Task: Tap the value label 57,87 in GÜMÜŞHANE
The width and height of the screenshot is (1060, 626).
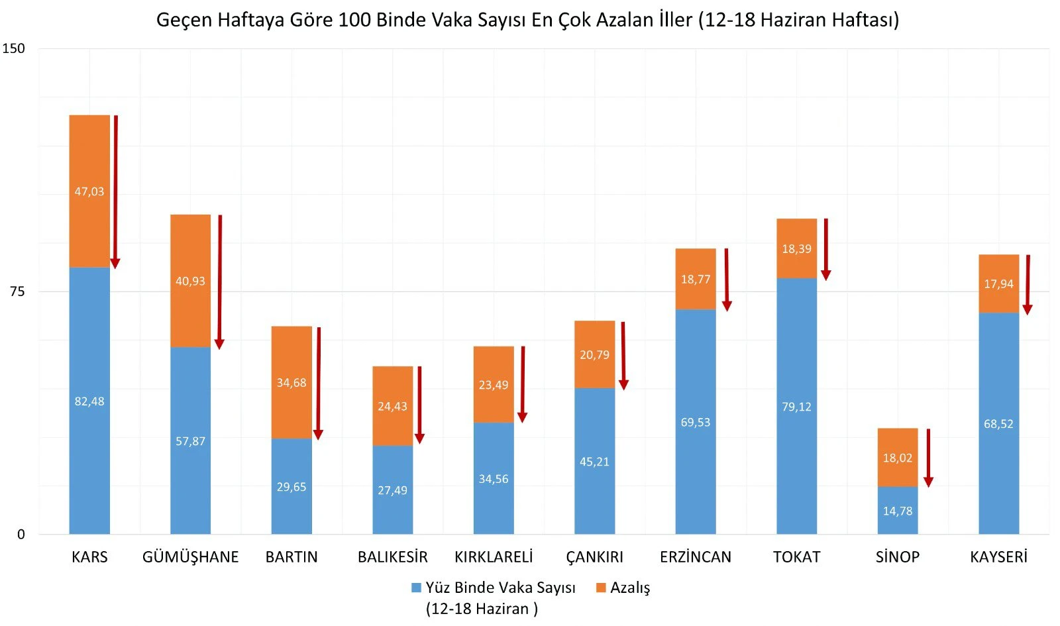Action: pos(190,441)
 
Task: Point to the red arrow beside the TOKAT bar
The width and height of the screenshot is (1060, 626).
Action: pos(826,248)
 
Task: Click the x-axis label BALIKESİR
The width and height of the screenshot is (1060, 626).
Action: pos(392,557)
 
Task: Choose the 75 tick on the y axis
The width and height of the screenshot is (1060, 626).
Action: pos(17,291)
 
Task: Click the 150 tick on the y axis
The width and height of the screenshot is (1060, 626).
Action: pos(13,48)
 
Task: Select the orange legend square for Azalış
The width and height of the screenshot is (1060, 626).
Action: pos(601,588)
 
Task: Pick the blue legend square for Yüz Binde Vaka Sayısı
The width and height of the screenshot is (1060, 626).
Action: pos(417,588)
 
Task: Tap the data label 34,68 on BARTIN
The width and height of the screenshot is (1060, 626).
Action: pos(291,383)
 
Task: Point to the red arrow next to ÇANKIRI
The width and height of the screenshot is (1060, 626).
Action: pos(623,354)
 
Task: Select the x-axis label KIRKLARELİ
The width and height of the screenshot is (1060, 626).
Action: pos(494,557)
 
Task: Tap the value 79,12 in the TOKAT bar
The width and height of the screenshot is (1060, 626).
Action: pos(796,407)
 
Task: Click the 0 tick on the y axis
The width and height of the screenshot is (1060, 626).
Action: pos(21,535)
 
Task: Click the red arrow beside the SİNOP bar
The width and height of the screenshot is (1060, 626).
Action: pos(928,457)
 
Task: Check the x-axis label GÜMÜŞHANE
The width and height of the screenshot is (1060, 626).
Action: pos(190,557)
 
